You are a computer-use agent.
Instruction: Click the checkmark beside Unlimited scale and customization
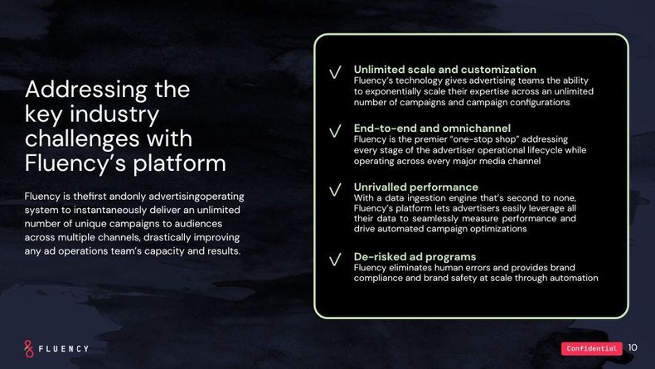coord(335,73)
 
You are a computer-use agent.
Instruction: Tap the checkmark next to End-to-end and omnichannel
coord(335,132)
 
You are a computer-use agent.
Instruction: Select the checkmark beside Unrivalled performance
coord(335,190)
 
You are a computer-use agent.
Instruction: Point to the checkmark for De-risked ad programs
coord(335,260)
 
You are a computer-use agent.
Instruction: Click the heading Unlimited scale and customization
coord(444,70)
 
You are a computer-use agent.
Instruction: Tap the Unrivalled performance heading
coord(415,187)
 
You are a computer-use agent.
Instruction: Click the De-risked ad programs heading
coord(415,257)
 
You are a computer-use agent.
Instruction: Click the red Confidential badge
coord(591,349)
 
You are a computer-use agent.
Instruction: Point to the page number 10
coord(633,348)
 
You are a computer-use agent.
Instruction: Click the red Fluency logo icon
coord(29,348)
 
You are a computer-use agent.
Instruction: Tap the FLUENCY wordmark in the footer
coord(65,349)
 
